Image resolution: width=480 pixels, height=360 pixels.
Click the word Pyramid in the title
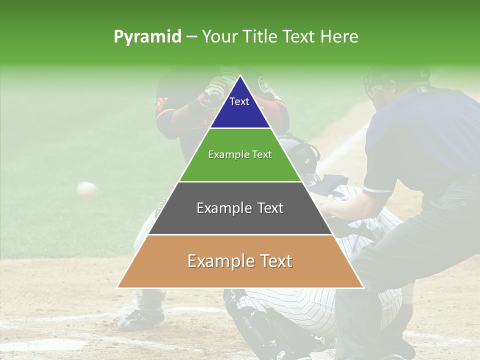coord(147,37)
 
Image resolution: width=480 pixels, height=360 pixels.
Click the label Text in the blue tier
coord(239,101)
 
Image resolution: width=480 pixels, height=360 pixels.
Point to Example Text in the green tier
coord(240,154)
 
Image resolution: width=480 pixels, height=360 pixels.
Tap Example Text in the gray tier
coord(240,208)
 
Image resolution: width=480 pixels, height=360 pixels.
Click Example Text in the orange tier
coord(240,261)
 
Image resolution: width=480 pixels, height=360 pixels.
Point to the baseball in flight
coord(87,189)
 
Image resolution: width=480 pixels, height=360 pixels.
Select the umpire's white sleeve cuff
coord(377,189)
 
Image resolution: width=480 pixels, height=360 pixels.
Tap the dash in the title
coord(191,37)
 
